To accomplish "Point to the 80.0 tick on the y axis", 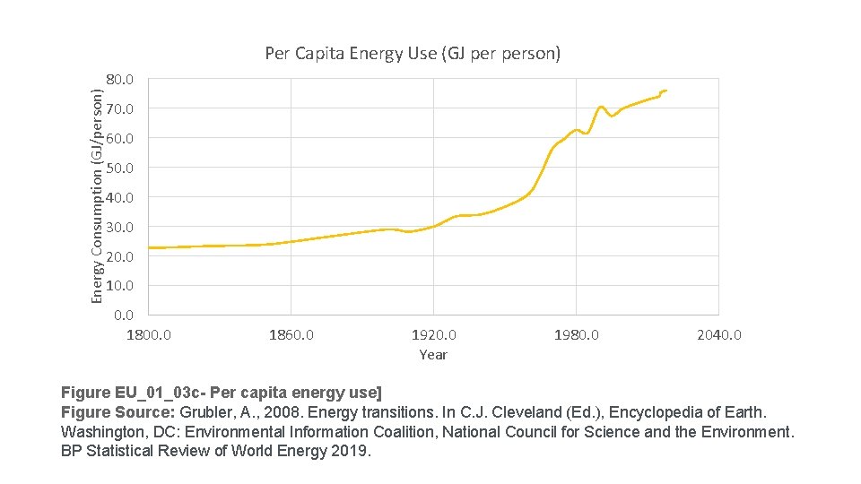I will [119, 80].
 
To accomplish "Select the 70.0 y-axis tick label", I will [119, 109].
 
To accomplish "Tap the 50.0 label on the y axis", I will [119, 169].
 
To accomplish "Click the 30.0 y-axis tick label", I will [119, 228].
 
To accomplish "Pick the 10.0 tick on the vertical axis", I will [119, 286].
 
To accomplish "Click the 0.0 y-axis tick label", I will [124, 315].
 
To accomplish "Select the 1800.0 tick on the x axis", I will [148, 335].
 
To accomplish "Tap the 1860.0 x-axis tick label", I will [291, 335].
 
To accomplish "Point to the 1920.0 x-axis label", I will [433, 335].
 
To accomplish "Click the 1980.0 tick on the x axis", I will [576, 335].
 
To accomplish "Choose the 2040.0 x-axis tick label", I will [718, 335].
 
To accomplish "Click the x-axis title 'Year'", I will [433, 355].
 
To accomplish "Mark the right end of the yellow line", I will [666, 91].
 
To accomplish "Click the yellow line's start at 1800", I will [149, 247].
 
